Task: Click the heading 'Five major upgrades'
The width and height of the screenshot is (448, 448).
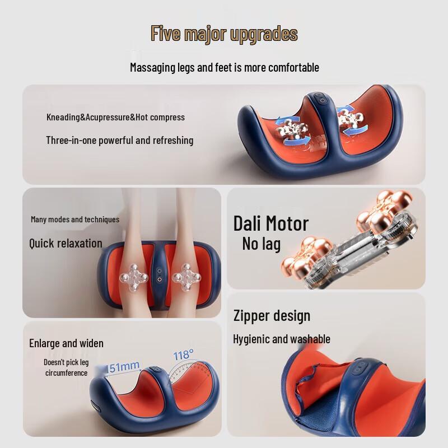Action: (224, 34)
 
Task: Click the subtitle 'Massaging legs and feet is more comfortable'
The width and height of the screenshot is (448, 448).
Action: (224, 68)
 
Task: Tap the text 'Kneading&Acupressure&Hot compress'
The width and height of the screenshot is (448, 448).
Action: (115, 118)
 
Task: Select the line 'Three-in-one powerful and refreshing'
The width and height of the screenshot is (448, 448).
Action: (119, 140)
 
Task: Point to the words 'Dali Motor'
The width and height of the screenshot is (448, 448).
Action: (270, 223)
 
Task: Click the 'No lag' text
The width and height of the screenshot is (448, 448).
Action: (261, 244)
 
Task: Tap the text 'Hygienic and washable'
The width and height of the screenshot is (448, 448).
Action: (281, 339)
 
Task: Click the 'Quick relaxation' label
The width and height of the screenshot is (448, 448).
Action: (66, 243)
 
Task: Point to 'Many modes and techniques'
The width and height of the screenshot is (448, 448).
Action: (75, 220)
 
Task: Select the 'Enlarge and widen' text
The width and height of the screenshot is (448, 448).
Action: (66, 343)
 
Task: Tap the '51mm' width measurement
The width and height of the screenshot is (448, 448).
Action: (124, 366)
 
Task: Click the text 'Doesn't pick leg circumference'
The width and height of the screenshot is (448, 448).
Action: (66, 367)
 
